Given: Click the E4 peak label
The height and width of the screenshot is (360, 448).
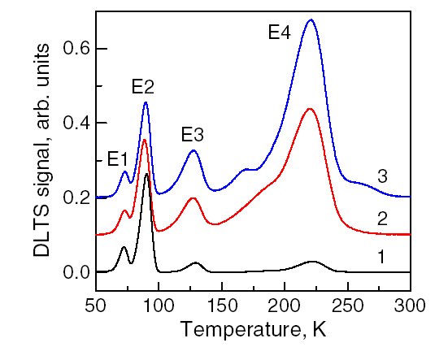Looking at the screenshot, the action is pyautogui.click(x=280, y=32).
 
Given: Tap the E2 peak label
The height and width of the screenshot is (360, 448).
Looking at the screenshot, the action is pyautogui.click(x=143, y=87).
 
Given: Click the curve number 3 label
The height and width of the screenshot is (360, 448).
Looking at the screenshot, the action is pyautogui.click(x=382, y=176).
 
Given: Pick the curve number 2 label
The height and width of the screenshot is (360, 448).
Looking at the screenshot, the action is pyautogui.click(x=382, y=219).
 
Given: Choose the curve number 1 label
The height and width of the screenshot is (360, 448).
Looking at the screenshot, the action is pyautogui.click(x=381, y=257).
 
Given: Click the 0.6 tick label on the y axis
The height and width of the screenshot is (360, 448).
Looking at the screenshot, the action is pyautogui.click(x=76, y=48).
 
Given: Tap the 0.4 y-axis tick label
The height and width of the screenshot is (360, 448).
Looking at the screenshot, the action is pyautogui.click(x=76, y=123).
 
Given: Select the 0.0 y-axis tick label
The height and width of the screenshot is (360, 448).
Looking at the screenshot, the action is pyautogui.click(x=76, y=272).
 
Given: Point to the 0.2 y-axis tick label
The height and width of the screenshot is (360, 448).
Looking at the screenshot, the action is pyautogui.click(x=76, y=197).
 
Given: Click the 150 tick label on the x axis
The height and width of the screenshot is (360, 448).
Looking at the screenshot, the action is pyautogui.click(x=222, y=306).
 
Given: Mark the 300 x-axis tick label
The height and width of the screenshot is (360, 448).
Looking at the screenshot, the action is pyautogui.click(x=410, y=306).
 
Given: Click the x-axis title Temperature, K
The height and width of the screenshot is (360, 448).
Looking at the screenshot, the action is pyautogui.click(x=254, y=329).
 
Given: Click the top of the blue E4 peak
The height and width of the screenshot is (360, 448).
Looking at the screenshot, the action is pyautogui.click(x=311, y=20).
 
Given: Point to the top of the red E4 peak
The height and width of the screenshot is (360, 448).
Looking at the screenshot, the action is pyautogui.click(x=309, y=109).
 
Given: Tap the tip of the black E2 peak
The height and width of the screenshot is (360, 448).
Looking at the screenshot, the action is pyautogui.click(x=147, y=174).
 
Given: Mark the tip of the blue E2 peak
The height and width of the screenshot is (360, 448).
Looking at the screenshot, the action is pyautogui.click(x=146, y=102).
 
